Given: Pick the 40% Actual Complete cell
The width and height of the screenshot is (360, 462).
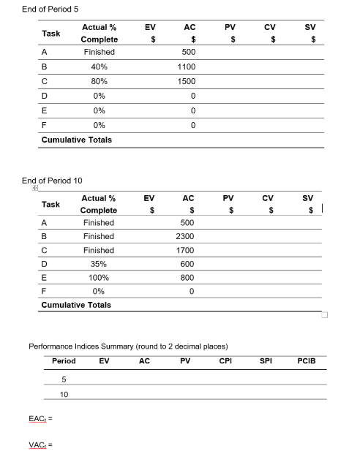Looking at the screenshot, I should (x=99, y=67).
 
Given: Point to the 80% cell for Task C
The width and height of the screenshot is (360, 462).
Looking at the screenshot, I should (x=99, y=81).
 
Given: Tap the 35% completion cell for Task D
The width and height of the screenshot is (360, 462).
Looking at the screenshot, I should (x=98, y=265).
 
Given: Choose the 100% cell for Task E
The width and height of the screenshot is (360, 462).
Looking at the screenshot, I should (x=98, y=279).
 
